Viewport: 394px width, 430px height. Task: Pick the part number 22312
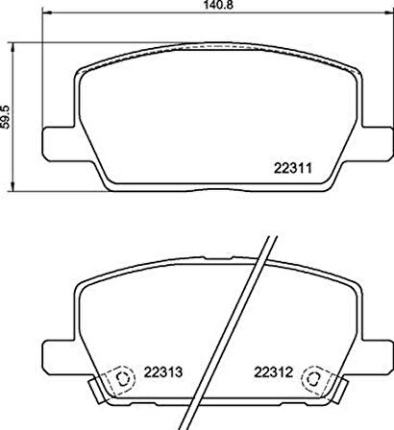coord(272,374)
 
